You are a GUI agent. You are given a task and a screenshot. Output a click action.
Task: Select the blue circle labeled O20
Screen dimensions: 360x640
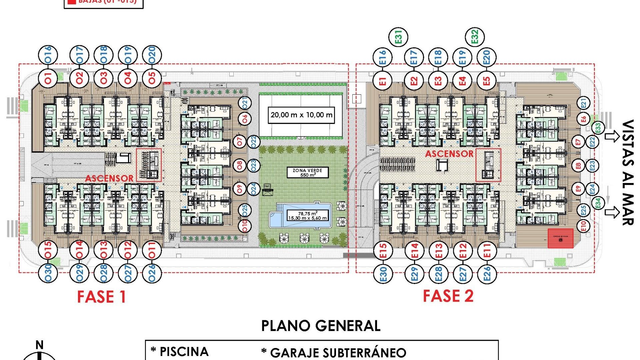pyautogui.click(x=152, y=55)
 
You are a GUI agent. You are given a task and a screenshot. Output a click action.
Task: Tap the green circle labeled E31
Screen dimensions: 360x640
pyautogui.click(x=399, y=37)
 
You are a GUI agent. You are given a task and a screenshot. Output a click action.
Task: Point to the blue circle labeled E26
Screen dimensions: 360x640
pyautogui.click(x=487, y=274)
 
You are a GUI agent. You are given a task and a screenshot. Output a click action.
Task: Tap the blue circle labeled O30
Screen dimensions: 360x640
pyautogui.click(x=48, y=273)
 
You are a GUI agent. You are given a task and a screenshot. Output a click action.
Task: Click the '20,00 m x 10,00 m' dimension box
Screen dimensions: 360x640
pyautogui.click(x=301, y=115)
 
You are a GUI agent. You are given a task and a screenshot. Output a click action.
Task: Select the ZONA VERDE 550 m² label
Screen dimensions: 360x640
pyautogui.click(x=307, y=172)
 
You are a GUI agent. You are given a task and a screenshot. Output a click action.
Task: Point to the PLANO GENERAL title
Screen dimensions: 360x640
pyautogui.click(x=320, y=326)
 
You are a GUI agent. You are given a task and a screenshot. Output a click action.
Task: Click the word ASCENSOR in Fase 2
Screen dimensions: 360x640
pyautogui.click(x=449, y=154)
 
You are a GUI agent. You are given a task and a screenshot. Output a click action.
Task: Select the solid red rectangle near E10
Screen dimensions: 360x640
pyautogui.click(x=561, y=238)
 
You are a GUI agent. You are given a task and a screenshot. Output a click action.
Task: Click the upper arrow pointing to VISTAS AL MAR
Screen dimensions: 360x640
pyautogui.click(x=612, y=136)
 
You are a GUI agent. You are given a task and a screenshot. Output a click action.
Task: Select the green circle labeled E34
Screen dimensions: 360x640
pyautogui.click(x=598, y=203)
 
